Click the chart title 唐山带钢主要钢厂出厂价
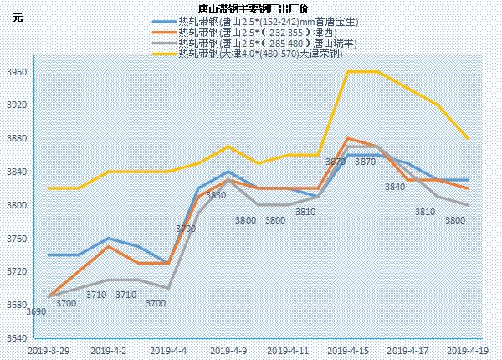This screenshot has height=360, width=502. pyautogui.click(x=252, y=8)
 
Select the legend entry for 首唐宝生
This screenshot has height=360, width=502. pyautogui.click(x=251, y=21)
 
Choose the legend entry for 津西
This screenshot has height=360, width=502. pyautogui.click(x=251, y=32)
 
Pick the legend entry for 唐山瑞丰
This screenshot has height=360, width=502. pyautogui.click(x=251, y=44)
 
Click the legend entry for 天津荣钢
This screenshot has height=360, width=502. pyautogui.click(x=251, y=54)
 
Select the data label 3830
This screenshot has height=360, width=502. pyautogui.click(x=216, y=195)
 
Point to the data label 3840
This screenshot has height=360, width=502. pyautogui.click(x=395, y=187)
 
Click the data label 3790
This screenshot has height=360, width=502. pyautogui.click(x=186, y=229)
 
